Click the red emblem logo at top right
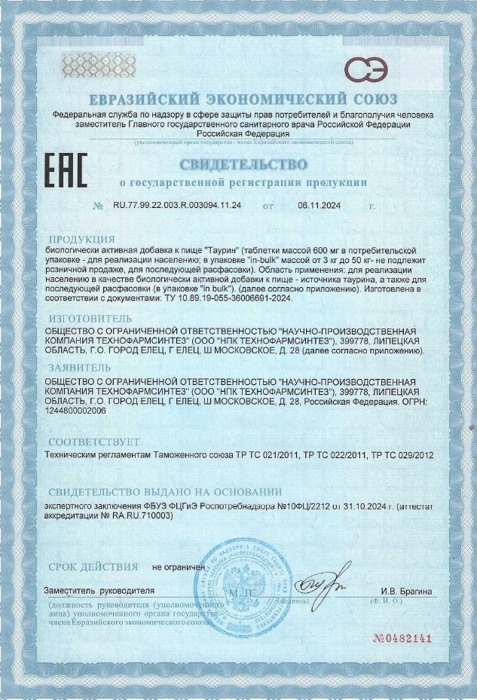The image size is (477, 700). (372, 69)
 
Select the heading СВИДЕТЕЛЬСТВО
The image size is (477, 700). (243, 164)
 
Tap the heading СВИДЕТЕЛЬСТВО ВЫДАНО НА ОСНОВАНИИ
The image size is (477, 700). (164, 491)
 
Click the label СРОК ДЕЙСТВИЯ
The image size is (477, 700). (93, 566)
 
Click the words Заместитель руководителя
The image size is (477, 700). (99, 591)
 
